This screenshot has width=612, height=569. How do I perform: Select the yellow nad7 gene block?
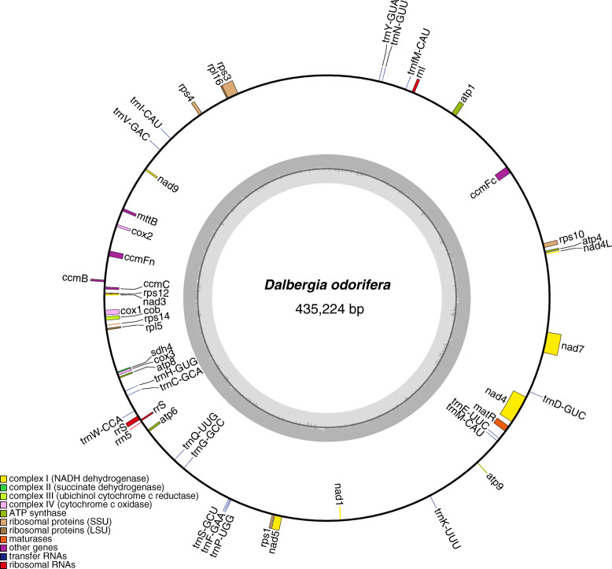tap(553, 344)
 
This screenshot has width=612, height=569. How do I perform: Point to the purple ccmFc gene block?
tap(503, 175)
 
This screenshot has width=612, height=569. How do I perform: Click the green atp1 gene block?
tap(457, 109)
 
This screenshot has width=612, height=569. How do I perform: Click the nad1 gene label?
tap(338, 492)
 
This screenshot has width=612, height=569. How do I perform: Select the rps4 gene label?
tap(186, 91)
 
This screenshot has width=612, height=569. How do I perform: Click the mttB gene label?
tap(148, 220)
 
